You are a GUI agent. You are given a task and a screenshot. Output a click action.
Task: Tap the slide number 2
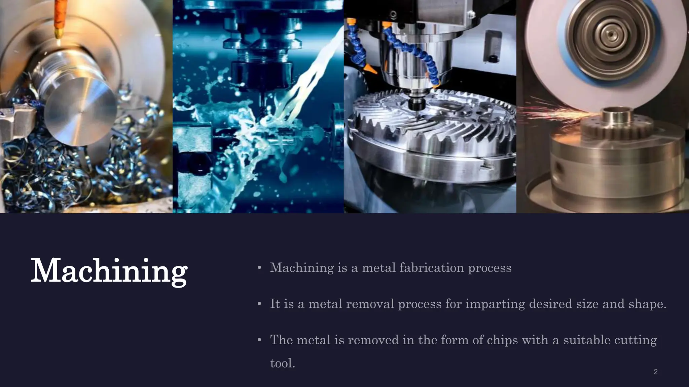click(x=655, y=372)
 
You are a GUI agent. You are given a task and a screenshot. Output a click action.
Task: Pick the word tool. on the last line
click(x=283, y=363)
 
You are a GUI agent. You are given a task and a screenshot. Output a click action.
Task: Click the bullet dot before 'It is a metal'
click(x=259, y=304)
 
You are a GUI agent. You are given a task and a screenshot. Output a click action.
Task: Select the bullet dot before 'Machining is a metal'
click(x=259, y=268)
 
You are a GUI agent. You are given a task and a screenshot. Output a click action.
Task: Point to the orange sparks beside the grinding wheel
click(x=555, y=109)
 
